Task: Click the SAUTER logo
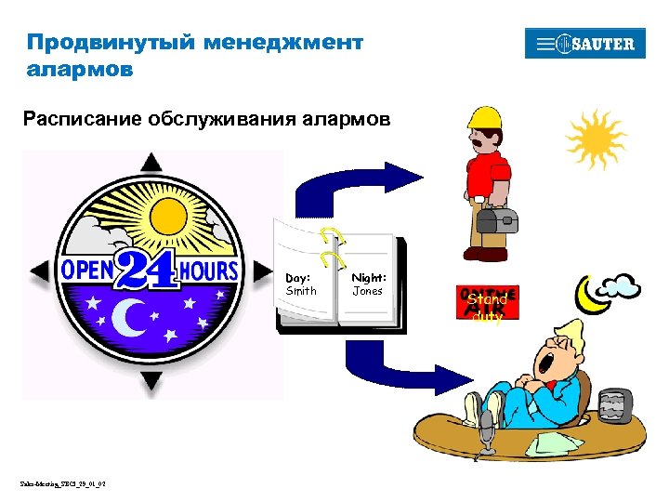[x=584, y=44]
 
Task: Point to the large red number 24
[x=148, y=271]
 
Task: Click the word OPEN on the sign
[x=87, y=271]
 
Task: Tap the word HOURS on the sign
[x=208, y=271]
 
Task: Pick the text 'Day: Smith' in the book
[x=301, y=284]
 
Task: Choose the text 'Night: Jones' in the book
[x=368, y=284]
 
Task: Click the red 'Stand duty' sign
[x=487, y=303]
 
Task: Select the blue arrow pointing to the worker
[x=353, y=187]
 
